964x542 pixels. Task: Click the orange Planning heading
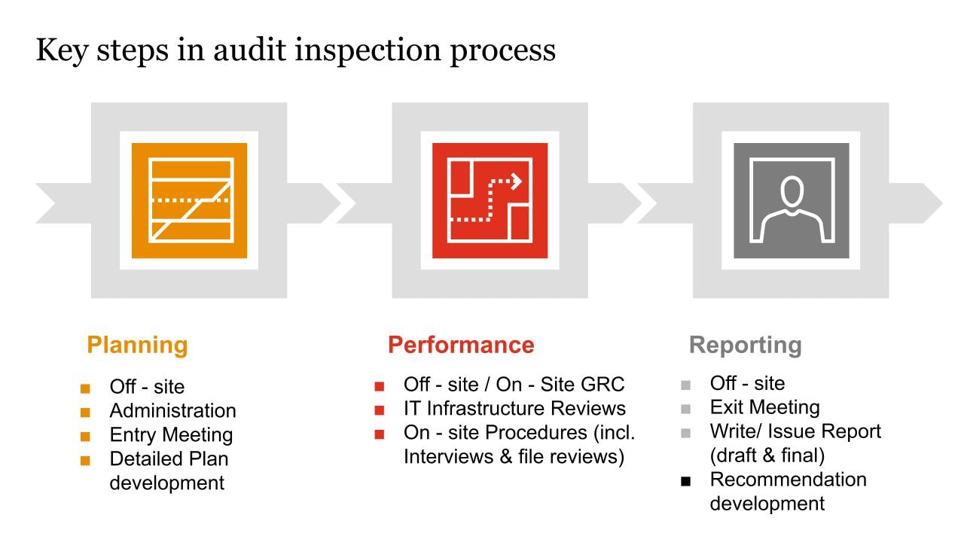click(x=137, y=346)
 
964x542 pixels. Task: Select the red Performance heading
click(x=461, y=345)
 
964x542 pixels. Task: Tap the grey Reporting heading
click(x=745, y=346)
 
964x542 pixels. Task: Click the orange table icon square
click(x=189, y=200)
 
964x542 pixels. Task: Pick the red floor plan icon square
click(x=490, y=200)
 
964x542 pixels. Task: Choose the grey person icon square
click(x=791, y=200)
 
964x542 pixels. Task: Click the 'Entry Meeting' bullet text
click(x=171, y=435)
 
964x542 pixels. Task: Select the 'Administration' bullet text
click(x=172, y=411)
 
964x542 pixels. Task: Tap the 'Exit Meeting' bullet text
click(x=764, y=407)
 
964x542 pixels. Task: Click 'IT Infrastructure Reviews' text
click(x=514, y=409)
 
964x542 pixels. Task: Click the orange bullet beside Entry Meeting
click(x=85, y=437)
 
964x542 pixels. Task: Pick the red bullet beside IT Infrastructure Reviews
click(x=380, y=410)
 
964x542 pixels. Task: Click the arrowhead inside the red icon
click(x=517, y=181)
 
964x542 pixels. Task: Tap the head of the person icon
click(x=791, y=190)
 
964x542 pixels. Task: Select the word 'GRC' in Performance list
click(x=602, y=385)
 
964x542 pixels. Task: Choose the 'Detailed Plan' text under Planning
click(x=169, y=459)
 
